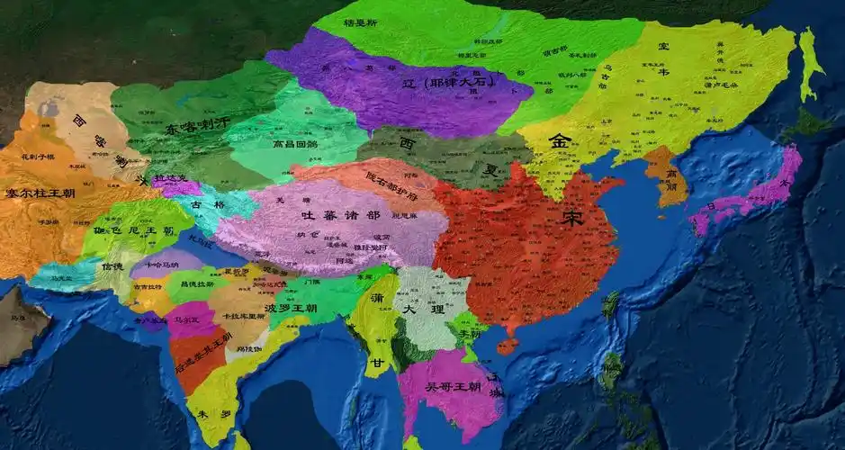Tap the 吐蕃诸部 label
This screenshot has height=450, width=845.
341,215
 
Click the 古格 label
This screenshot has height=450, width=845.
202,206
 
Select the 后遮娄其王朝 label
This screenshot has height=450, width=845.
201,353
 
